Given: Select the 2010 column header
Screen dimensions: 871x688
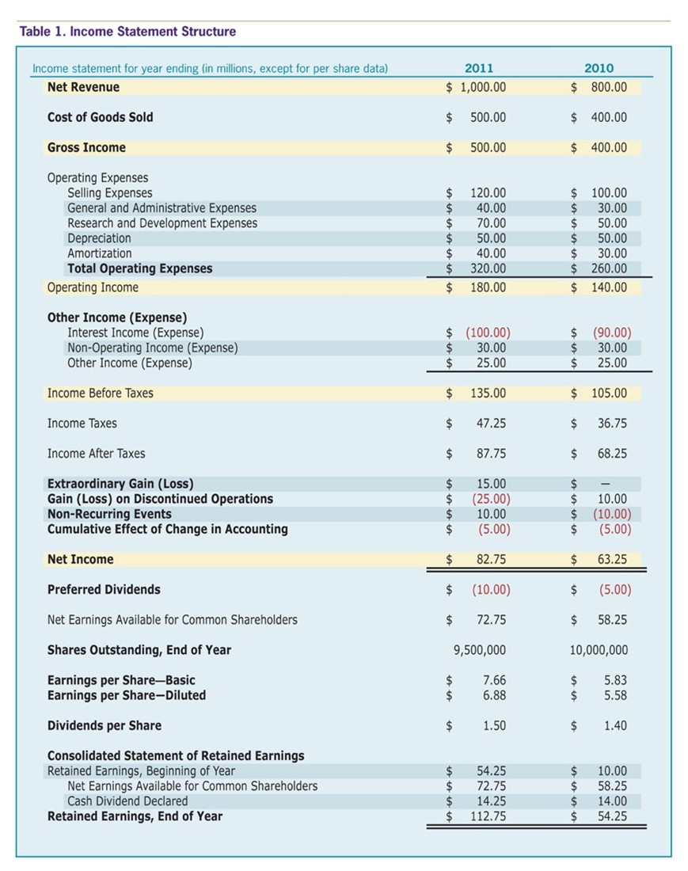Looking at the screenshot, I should (599, 68).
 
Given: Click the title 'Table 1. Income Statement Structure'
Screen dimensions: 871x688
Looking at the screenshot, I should (127, 32).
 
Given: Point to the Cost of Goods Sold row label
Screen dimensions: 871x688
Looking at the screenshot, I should (101, 117).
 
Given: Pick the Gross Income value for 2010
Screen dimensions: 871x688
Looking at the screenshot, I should (609, 147).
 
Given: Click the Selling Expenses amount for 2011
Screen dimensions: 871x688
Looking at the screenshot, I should (488, 192).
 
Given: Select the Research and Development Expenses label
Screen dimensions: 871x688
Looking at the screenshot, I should (162, 223).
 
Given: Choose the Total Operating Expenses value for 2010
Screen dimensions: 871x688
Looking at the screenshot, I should (609, 268).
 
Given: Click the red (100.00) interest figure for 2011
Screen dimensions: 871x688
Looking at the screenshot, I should (488, 333).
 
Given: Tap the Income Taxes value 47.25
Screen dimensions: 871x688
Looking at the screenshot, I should (492, 424).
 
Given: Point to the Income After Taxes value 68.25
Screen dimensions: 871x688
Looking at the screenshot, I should (612, 454).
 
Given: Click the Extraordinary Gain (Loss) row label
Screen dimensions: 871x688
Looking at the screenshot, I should (120, 484).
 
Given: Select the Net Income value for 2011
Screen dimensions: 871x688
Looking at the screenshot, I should (492, 559).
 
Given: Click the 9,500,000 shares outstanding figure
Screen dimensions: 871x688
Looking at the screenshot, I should (480, 650).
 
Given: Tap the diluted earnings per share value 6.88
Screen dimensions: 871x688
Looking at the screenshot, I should (494, 695).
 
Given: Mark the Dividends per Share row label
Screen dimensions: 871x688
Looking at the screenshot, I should (105, 725).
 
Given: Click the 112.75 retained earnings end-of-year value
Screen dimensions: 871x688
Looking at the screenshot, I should (488, 816).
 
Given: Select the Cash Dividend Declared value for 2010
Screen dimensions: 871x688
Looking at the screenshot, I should (612, 801).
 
